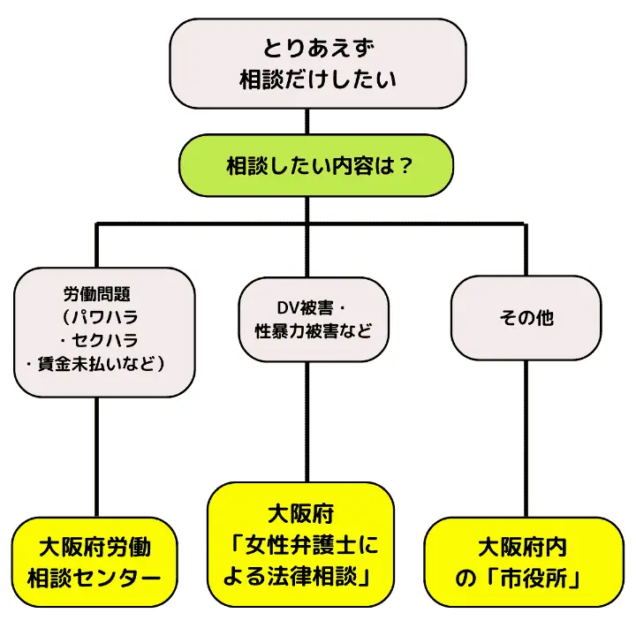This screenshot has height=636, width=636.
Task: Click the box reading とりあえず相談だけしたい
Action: [317, 63]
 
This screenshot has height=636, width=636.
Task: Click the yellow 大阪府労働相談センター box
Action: [95, 563]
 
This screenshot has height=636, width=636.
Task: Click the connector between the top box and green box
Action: [307, 121]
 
